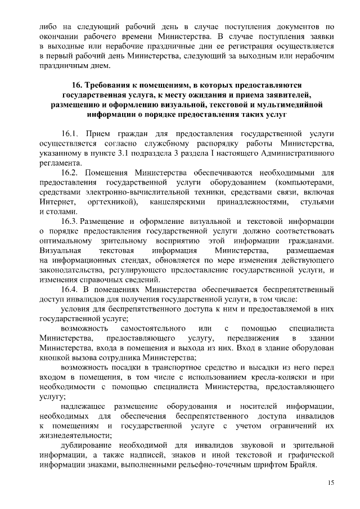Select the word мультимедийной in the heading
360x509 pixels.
click(294, 104)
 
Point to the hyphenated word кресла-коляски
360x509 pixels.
click(283, 377)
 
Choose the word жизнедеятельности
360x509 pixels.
click(75, 435)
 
